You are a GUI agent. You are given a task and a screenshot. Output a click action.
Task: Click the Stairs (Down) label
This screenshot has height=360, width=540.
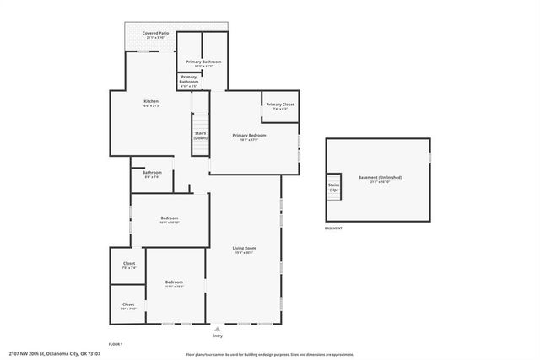201,135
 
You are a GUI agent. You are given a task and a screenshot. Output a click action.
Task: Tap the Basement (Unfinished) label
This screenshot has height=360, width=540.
380,179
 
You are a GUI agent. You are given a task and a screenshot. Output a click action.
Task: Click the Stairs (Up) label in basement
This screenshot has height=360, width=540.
333,186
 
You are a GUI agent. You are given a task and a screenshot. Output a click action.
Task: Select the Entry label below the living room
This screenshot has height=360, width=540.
219,336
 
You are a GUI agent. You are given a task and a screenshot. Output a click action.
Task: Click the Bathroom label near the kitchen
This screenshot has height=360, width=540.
152,174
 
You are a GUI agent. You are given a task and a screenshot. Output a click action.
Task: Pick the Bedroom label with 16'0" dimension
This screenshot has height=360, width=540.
170,219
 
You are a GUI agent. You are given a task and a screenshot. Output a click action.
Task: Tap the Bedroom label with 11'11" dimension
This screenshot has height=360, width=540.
174,283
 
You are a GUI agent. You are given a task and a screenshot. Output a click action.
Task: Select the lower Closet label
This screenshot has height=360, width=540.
128,305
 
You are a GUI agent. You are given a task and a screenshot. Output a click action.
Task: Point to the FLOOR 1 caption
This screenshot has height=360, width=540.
116,344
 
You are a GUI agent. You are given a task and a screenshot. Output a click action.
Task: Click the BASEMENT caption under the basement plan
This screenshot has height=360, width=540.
334,228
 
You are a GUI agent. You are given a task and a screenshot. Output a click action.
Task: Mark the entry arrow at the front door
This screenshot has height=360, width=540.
219,328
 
